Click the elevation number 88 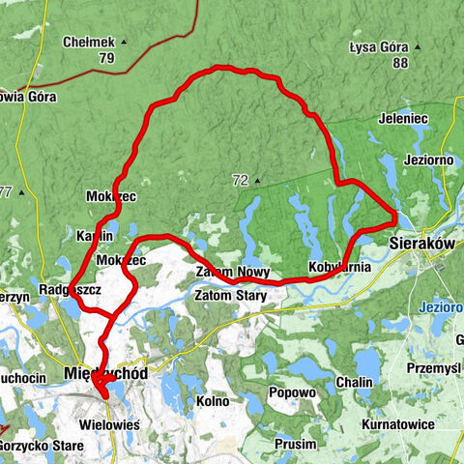(x=400, y=63)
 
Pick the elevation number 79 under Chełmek (x=105, y=59)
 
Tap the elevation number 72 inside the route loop (x=240, y=180)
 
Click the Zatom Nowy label (x=232, y=273)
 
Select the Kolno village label (x=212, y=400)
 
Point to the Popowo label (x=294, y=393)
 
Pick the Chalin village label (x=354, y=383)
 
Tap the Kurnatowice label (x=393, y=424)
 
